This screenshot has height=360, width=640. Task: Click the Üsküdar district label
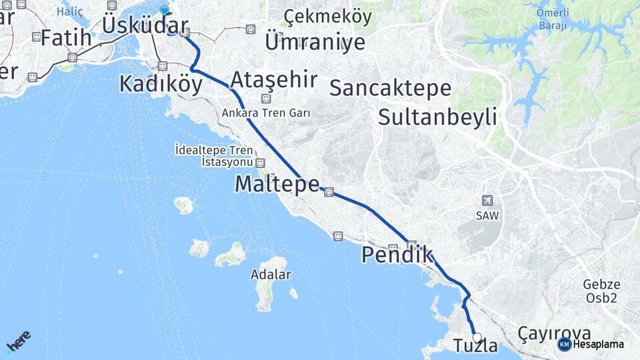tap(145, 26)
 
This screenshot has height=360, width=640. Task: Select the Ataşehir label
tap(273, 80)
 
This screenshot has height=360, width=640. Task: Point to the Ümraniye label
tap(315, 42)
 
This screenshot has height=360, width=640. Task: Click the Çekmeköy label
tap(327, 17)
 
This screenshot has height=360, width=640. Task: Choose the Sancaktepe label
tap(390, 87)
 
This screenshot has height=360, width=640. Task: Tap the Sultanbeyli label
tap(437, 117)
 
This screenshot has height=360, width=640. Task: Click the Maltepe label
tap(277, 184)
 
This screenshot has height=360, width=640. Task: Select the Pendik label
tap(397, 255)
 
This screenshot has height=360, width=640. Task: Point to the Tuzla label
tap(475, 346)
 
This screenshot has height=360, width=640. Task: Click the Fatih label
tap(66, 38)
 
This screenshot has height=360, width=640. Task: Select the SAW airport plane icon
tap(487, 201)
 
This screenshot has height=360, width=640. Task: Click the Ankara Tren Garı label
tap(267, 113)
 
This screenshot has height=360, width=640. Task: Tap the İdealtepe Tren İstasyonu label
tap(214, 155)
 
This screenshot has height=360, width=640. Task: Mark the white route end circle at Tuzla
tap(477, 337)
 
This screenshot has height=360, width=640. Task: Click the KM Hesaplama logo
tap(591, 344)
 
